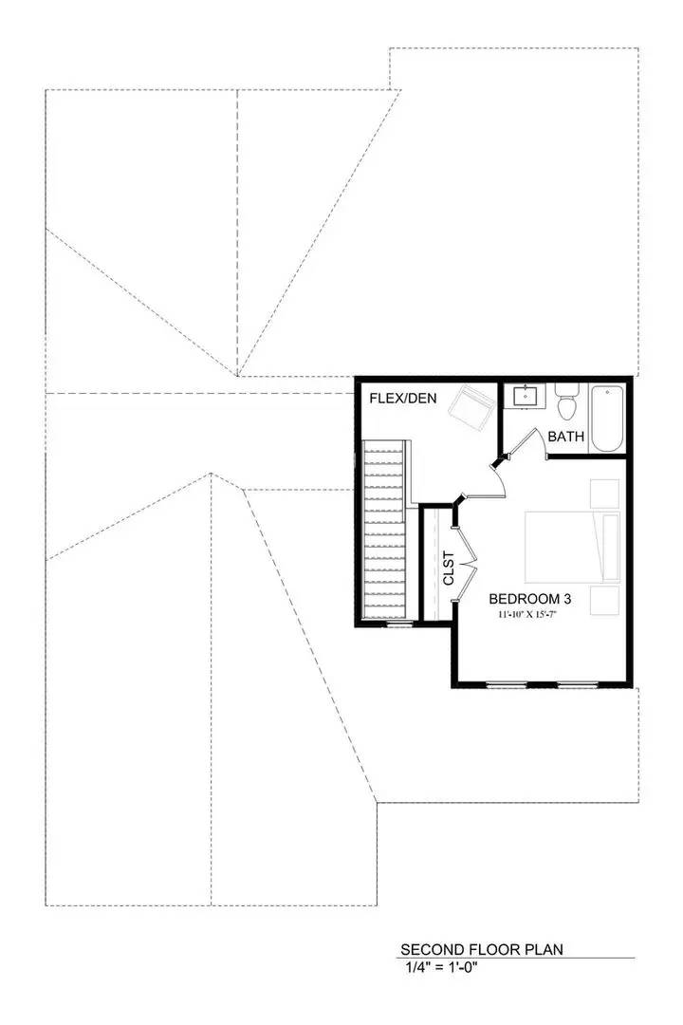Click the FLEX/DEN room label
pyautogui.click(x=402, y=399)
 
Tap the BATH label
pyautogui.click(x=565, y=437)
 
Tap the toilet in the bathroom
pyautogui.click(x=568, y=402)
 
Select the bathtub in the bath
pyautogui.click(x=607, y=418)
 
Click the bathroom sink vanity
pyautogui.click(x=525, y=396)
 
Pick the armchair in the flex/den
pyautogui.click(x=471, y=407)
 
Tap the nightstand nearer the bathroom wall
pyautogui.click(x=604, y=494)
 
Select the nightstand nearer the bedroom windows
pyautogui.click(x=604, y=600)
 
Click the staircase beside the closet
pyautogui.click(x=384, y=531)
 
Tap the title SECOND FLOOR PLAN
pyautogui.click(x=469, y=949)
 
